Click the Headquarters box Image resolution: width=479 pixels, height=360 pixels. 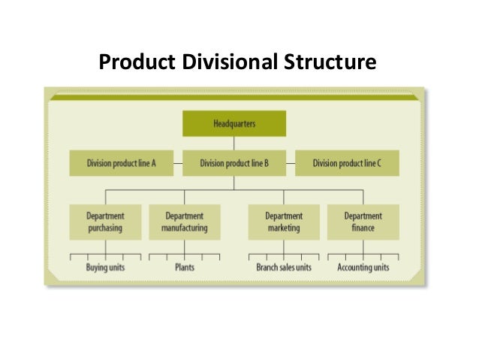(x=233, y=123)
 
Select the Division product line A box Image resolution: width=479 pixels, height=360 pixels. (x=121, y=163)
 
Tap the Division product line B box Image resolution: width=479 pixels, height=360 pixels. (x=233, y=163)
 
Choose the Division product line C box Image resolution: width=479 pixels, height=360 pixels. (x=347, y=163)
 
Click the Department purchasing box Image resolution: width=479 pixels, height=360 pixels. (x=105, y=222)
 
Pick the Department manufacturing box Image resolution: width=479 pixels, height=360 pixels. (x=185, y=222)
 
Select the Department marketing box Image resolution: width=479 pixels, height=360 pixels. (x=283, y=222)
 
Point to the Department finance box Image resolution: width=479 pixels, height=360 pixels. (x=363, y=222)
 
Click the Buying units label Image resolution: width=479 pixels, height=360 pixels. (x=106, y=267)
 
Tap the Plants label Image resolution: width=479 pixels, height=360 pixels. (x=185, y=267)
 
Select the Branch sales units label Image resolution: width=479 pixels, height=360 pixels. (x=283, y=267)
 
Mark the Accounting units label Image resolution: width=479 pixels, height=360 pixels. (x=363, y=267)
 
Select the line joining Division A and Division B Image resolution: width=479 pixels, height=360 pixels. (x=178, y=162)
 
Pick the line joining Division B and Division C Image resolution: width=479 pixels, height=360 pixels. (x=290, y=162)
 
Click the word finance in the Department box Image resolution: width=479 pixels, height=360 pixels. (x=363, y=228)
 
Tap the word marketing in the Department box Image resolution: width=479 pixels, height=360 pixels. (x=283, y=228)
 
